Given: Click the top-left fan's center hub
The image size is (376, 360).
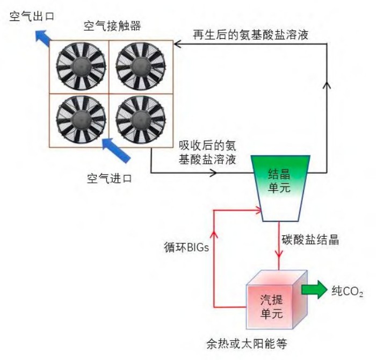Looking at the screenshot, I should point(79,66).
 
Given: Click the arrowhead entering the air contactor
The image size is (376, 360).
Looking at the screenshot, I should point(177,47).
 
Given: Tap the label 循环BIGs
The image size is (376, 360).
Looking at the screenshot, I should point(185,249).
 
